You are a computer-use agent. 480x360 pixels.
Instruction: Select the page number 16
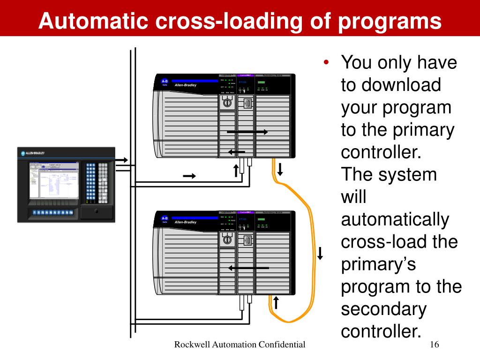[x=434, y=345]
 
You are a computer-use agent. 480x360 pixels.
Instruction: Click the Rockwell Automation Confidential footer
[x=240, y=345]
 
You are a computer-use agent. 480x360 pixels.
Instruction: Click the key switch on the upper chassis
[x=227, y=103]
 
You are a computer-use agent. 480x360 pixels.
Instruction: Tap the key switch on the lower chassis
[x=227, y=240]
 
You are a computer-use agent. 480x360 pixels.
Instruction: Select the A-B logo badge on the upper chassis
[x=165, y=82]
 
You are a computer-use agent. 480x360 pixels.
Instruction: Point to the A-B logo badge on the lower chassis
[x=165, y=219]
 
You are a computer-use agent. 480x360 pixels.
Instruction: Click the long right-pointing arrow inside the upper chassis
[x=247, y=132]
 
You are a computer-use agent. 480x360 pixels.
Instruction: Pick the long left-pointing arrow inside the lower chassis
[x=248, y=268]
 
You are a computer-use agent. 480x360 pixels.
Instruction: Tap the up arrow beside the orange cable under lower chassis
[x=277, y=303]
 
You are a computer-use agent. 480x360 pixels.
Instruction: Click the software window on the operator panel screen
[x=54, y=180]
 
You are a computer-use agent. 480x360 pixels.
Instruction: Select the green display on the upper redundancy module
[x=261, y=82]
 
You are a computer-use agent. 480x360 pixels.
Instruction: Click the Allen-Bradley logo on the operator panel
[x=33, y=153]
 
